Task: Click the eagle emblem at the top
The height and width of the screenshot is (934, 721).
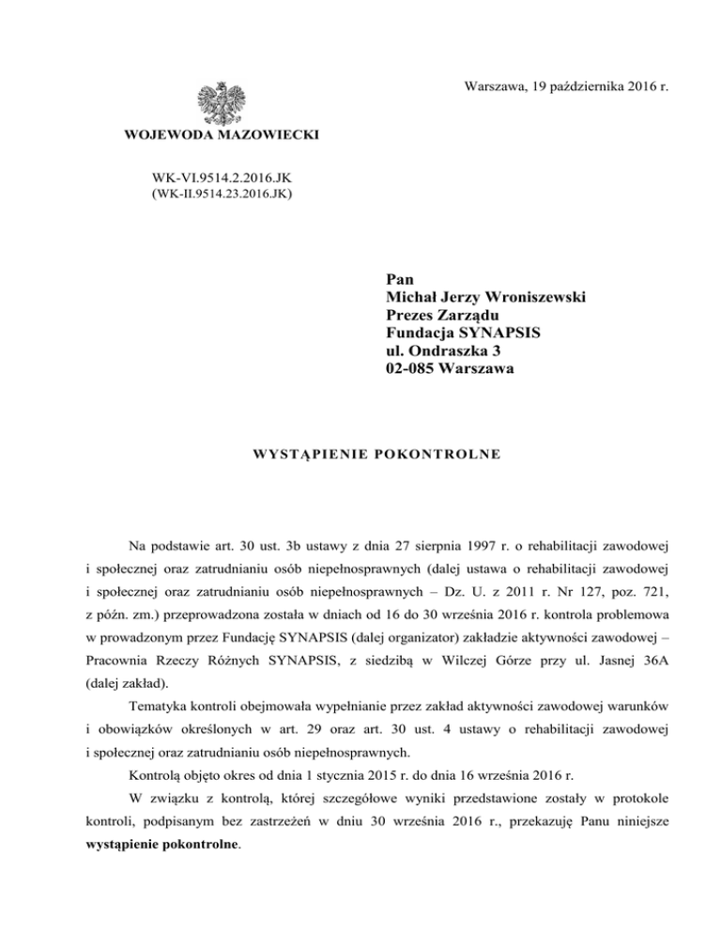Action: click(221, 101)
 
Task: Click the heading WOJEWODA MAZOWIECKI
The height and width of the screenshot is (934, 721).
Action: click(222, 137)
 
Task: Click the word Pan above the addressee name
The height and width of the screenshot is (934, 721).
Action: click(400, 280)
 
